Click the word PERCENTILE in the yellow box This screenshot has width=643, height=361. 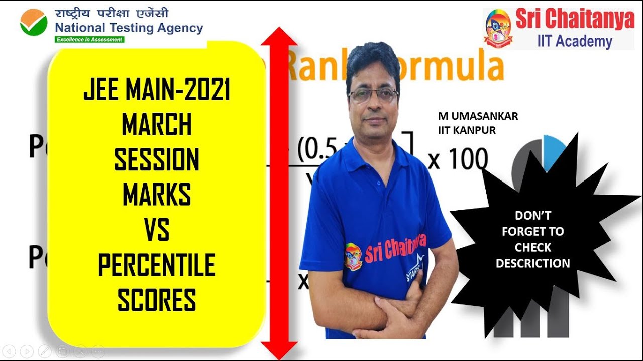pyautogui.click(x=156, y=265)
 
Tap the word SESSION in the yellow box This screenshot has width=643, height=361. pyautogui.click(x=156, y=160)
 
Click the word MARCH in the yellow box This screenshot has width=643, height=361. pyautogui.click(x=156, y=125)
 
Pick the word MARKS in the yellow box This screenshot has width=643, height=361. pyautogui.click(x=156, y=195)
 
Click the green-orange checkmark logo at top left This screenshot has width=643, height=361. pyautogui.click(x=34, y=23)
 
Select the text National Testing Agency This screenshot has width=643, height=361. pyautogui.click(x=129, y=28)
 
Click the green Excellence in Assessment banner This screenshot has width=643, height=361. pyautogui.click(x=89, y=39)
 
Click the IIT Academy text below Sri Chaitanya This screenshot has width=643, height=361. pyautogui.click(x=575, y=41)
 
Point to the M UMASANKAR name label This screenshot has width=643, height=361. pyautogui.click(x=478, y=116)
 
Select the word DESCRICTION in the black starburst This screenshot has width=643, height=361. pyautogui.click(x=532, y=263)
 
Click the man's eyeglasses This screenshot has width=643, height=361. pyautogui.click(x=372, y=95)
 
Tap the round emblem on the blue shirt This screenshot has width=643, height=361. pyautogui.click(x=353, y=257)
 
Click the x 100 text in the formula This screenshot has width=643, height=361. pyautogui.click(x=458, y=159)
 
